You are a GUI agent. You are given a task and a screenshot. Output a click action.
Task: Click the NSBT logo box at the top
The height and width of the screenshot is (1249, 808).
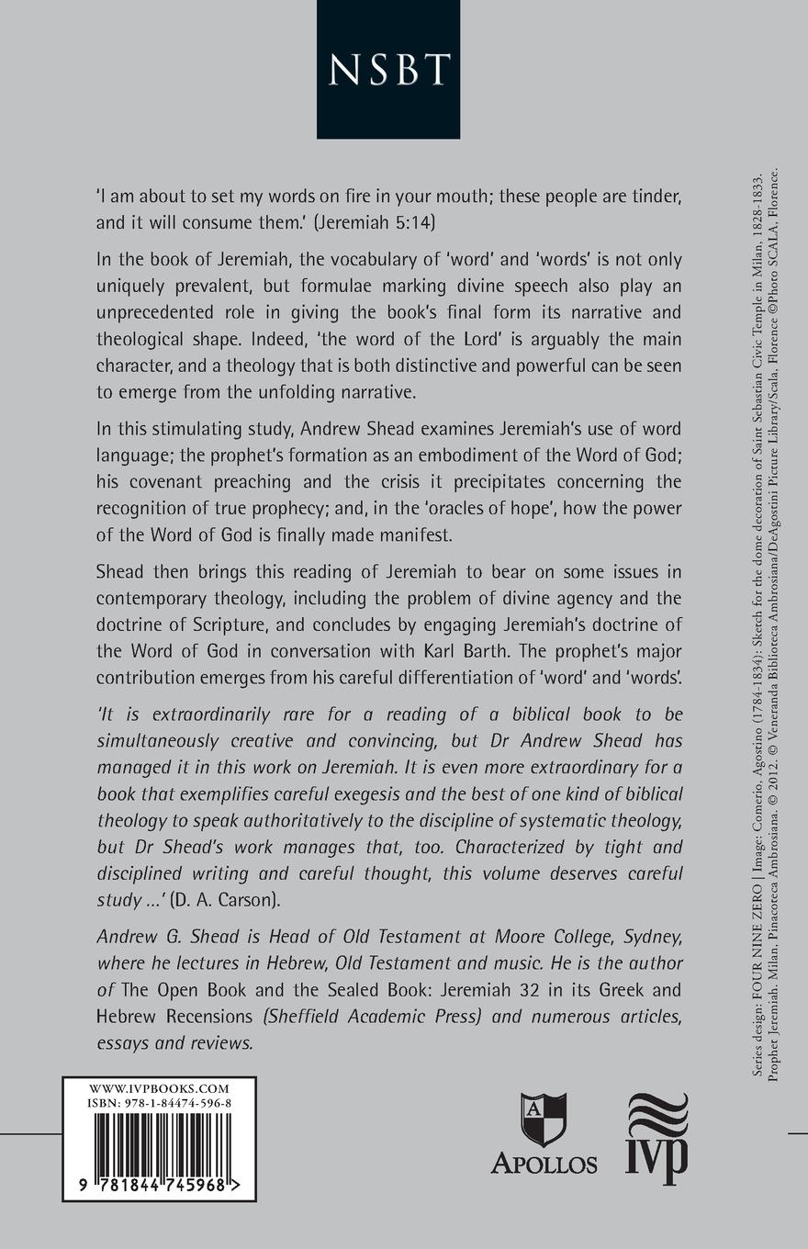click(x=387, y=69)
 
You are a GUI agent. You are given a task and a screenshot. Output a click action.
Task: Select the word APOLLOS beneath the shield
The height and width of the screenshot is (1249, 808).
click(x=544, y=1163)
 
